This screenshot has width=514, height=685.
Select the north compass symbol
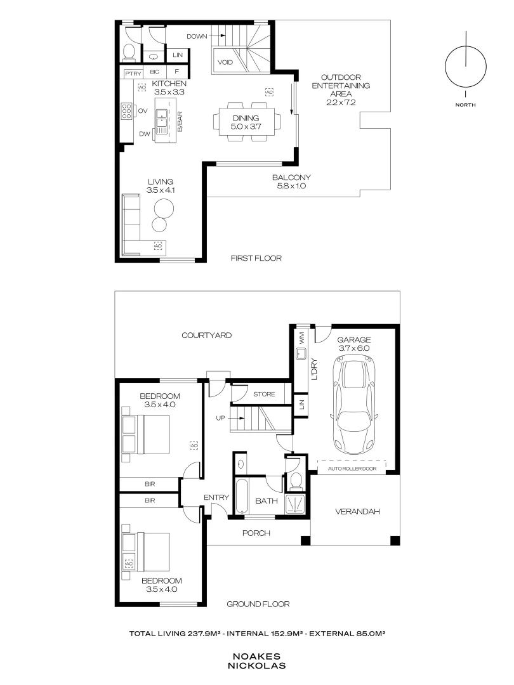466,67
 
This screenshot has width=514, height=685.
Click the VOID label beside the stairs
225,63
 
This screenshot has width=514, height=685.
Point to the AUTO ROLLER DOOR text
351,469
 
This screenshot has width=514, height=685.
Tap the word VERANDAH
357,511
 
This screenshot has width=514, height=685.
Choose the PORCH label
257,533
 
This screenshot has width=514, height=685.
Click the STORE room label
264,395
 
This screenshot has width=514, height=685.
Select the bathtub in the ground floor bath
242,499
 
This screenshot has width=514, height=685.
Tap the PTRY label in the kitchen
133,73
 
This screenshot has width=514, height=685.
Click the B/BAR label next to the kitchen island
180,121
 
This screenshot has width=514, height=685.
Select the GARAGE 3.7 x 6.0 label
353,344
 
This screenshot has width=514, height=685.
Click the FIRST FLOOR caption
256,258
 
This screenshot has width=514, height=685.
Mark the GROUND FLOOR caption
258,604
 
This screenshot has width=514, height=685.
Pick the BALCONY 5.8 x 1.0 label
290,181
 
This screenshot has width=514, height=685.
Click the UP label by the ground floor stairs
221,418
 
